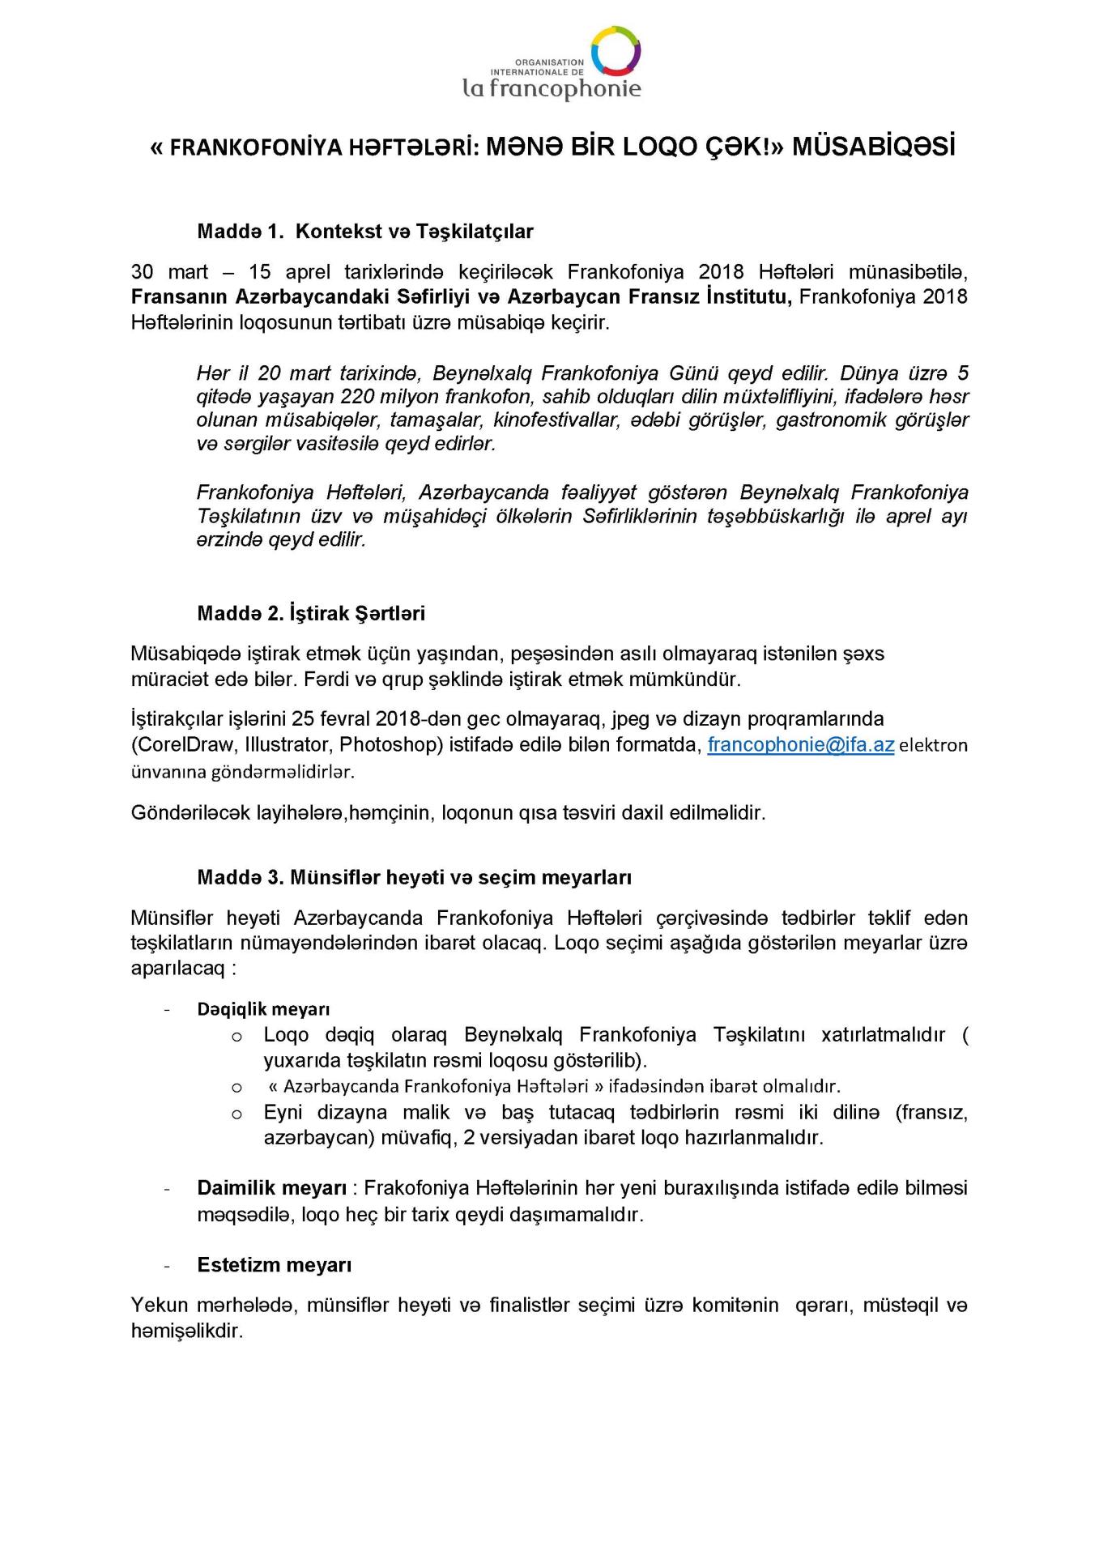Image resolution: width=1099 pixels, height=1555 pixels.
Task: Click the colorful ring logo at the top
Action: [x=616, y=50]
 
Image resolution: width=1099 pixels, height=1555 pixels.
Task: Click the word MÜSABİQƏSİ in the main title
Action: [x=873, y=147]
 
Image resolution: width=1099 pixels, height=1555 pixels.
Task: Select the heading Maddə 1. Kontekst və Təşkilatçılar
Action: [x=365, y=232]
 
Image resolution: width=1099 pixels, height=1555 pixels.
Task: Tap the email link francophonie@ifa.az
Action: [x=800, y=744]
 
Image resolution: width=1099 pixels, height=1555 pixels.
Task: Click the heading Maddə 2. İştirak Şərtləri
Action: [x=311, y=613]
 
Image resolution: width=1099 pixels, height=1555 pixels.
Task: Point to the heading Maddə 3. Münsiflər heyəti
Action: [x=414, y=877]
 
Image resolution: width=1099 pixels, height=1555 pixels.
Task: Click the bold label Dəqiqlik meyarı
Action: [x=263, y=1009]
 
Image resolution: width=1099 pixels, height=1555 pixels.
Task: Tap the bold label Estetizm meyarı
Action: [x=274, y=1265]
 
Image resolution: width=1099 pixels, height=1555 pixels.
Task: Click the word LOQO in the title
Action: [x=625, y=147]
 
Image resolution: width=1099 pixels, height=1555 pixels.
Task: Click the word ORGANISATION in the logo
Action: [x=549, y=62]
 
